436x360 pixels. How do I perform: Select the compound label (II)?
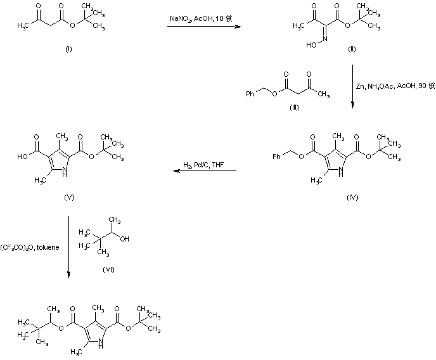pos(352,49)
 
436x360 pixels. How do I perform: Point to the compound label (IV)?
pos(352,198)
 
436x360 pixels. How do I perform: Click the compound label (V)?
pos(69,198)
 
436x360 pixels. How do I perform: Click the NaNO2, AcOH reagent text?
pos(196,20)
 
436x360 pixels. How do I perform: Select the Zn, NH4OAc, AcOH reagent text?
pos(394,85)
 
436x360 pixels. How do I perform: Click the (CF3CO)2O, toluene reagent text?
pos(30,247)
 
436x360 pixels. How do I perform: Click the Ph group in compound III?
pos(250,94)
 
